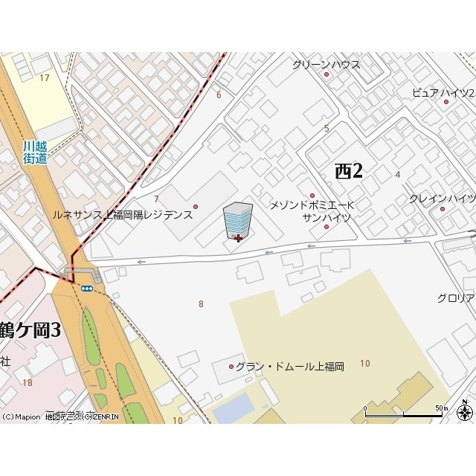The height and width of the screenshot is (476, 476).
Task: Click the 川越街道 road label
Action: coord(35,152)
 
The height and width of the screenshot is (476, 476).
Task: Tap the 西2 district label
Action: coord(348,171)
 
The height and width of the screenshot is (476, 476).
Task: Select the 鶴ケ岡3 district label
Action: coord(30,329)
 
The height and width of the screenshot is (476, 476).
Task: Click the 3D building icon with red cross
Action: coord(237,221)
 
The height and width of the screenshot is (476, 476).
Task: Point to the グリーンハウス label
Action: coord(326,65)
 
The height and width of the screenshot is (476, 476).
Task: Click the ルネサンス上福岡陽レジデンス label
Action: coord(123,215)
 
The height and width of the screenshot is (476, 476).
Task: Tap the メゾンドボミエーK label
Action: coord(312,205)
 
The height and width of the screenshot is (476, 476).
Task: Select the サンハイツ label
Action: coord(326,217)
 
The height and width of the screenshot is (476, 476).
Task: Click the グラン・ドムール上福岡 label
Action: coord(290,367)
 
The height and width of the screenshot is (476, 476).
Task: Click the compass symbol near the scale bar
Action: coord(466,411)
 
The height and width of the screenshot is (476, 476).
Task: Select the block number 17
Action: coord(45,78)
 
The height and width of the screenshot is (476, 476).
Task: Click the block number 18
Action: coord(28,383)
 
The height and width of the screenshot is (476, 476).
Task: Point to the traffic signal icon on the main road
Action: coord(87,288)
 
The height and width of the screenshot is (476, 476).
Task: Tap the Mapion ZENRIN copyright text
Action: coord(60,417)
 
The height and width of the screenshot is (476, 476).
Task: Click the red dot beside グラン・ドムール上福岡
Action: coord(231,367)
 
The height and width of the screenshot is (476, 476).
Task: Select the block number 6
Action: coord(219,95)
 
